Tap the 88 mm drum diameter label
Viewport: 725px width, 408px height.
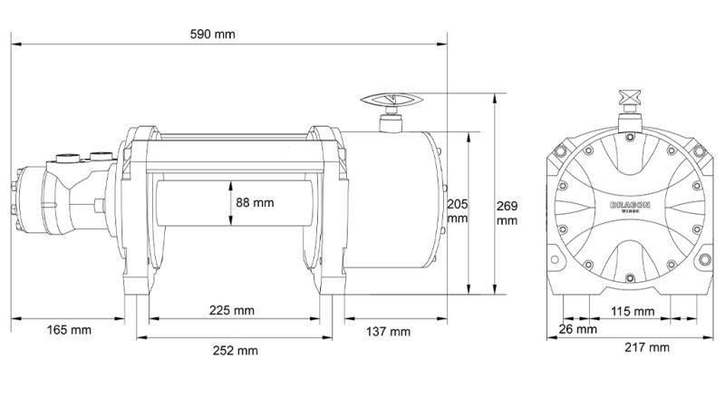[x=255, y=202]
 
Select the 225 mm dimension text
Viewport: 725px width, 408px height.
[x=231, y=310]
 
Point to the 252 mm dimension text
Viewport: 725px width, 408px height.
[x=236, y=350]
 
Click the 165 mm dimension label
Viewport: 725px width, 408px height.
[x=69, y=330]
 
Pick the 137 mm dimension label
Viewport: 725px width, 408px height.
[x=388, y=331]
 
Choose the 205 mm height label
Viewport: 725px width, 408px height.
[x=457, y=210]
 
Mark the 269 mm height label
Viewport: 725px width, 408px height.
[x=507, y=213]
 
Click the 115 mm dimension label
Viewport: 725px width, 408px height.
[x=633, y=311]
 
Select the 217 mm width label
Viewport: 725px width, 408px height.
[x=647, y=347]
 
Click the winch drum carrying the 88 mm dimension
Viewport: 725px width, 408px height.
[x=190, y=218]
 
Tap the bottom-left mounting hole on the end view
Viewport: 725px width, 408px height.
[x=555, y=264]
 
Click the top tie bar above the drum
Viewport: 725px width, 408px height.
[x=236, y=141]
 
